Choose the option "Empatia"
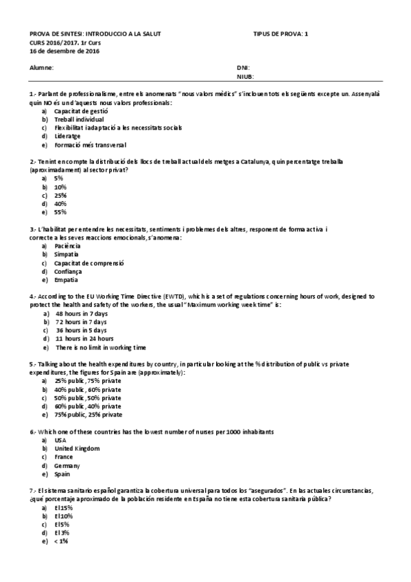click(x=67, y=280)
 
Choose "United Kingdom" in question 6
click(x=77, y=448)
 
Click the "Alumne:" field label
click(x=41, y=68)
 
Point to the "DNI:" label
click(x=242, y=68)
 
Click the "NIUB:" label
click(x=244, y=78)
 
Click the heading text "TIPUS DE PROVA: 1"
click(x=281, y=33)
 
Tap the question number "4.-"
click(x=33, y=296)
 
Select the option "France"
click(x=64, y=457)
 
